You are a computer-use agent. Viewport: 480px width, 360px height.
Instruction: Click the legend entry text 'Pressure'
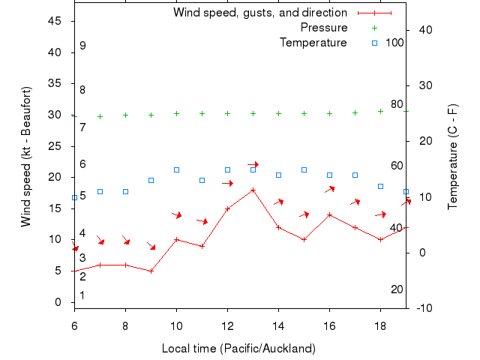324,28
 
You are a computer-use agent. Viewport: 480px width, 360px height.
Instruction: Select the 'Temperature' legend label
313,42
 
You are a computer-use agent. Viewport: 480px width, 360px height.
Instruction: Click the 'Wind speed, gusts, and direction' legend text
260,13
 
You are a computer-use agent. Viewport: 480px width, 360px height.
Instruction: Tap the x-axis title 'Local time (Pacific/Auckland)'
238,349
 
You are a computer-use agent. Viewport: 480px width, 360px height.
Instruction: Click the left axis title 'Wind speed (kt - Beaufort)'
25,157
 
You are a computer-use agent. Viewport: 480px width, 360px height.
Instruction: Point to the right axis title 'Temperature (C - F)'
453,156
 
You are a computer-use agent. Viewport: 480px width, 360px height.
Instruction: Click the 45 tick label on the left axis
55,21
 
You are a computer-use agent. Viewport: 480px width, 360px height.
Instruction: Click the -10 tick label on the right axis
424,308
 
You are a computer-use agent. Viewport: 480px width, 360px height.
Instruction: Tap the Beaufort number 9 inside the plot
82,46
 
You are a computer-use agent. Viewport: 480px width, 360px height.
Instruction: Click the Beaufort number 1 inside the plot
82,295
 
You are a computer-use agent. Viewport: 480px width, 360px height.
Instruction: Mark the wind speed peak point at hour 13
253,190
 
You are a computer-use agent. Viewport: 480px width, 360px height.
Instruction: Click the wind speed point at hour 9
151,271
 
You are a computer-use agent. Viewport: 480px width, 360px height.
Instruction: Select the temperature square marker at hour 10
176,170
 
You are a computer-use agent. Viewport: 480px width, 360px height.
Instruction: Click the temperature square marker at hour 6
74,197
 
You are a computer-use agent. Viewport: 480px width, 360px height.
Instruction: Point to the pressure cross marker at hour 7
100,116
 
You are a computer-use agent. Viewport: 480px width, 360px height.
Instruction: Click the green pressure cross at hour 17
355,112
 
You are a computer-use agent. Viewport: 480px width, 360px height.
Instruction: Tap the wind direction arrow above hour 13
253,164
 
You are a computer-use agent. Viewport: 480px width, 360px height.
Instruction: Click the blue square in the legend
374,43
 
